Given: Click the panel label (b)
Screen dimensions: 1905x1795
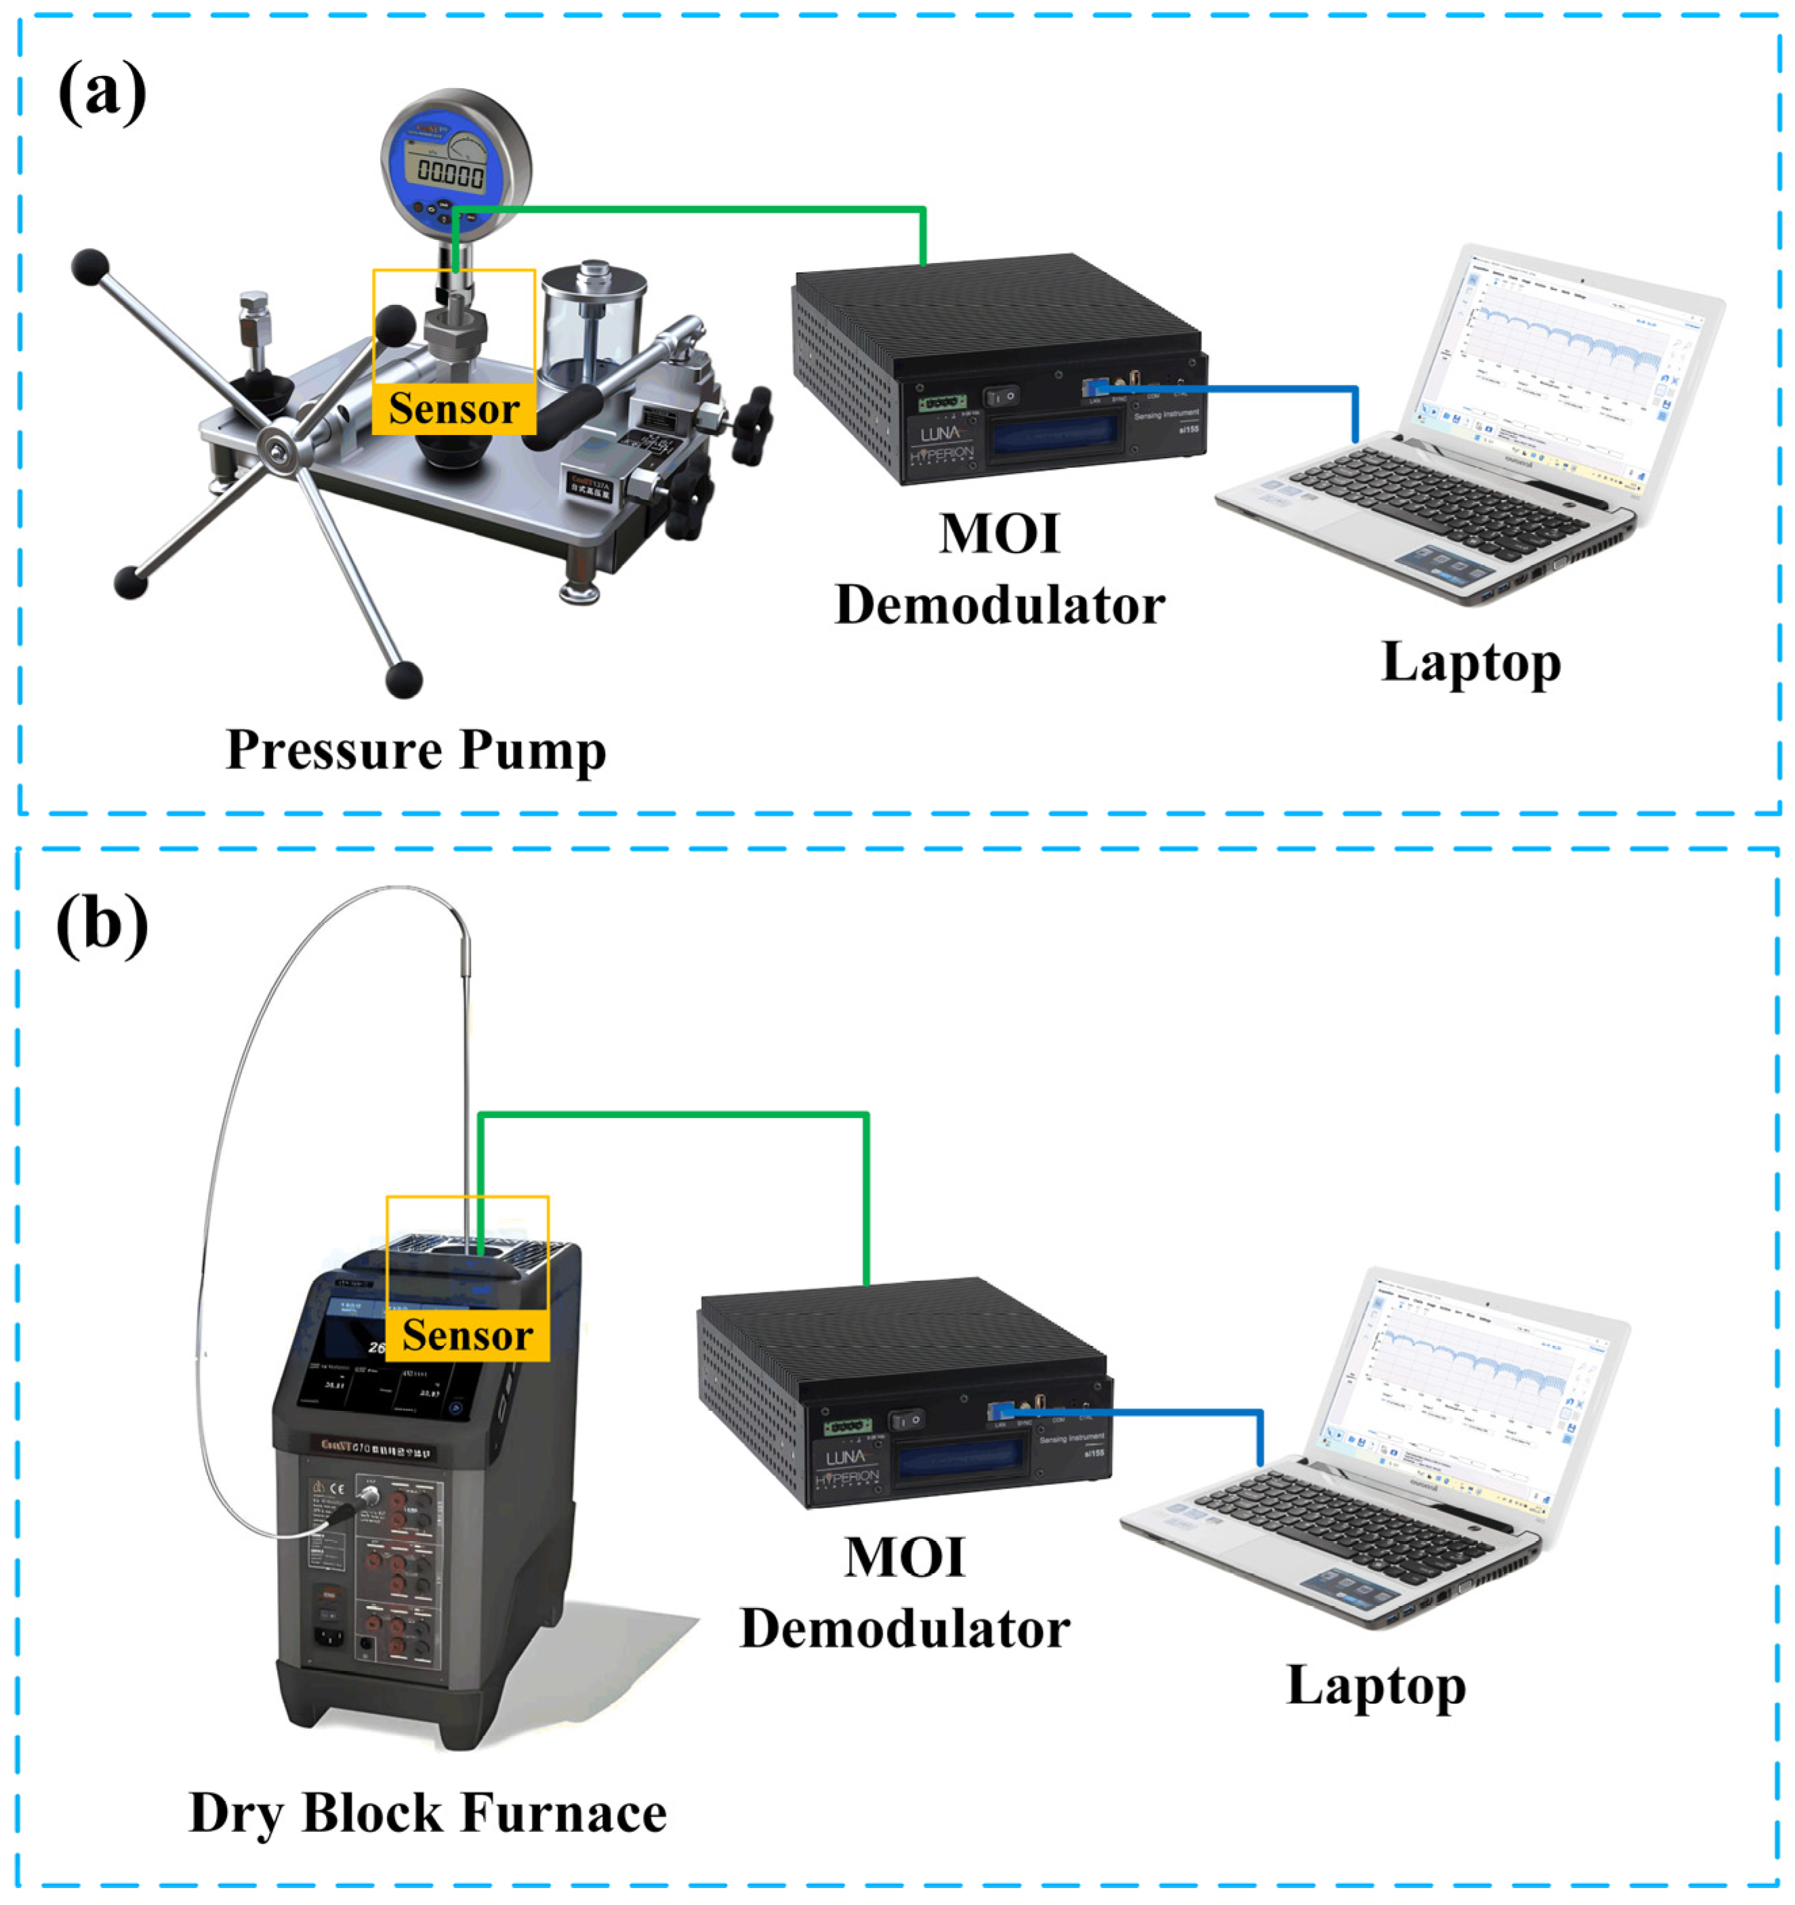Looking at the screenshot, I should tap(102, 924).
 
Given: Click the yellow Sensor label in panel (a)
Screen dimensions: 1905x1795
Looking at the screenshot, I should tap(453, 409).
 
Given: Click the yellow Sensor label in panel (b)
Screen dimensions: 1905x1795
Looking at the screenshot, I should tap(467, 1335).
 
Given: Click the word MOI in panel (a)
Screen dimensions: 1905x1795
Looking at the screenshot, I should tap(999, 534).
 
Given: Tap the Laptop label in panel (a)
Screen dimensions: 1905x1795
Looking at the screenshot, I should tap(1470, 662).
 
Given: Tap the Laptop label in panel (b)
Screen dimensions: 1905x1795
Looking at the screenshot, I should tap(1376, 1687).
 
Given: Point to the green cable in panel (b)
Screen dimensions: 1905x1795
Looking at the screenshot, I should tap(671, 1114).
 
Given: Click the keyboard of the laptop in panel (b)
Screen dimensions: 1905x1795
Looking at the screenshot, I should tap(1342, 1523).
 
